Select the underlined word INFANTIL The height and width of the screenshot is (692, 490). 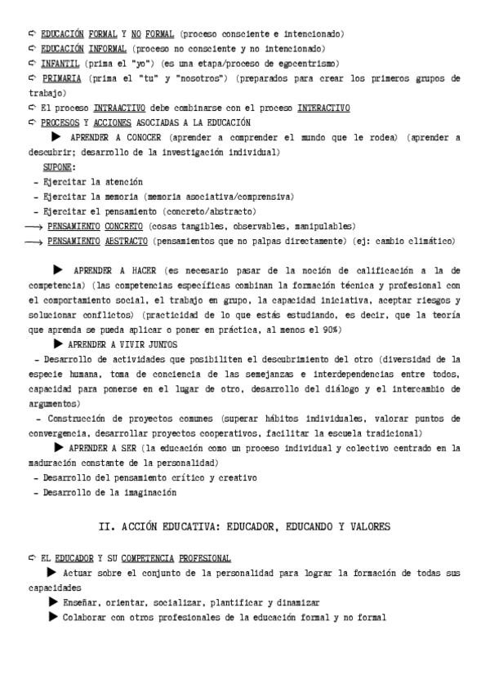coord(60,63)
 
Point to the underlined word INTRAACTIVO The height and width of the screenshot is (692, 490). coord(119,108)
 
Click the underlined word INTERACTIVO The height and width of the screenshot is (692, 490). coord(323,108)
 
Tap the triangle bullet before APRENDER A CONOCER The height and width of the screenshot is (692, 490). coord(56,137)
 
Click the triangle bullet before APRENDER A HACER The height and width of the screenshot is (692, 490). coord(58,268)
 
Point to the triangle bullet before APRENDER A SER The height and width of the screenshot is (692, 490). coord(59,447)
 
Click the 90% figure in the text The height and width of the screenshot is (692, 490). coord(356,329)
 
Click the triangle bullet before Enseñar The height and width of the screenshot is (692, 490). coord(54,602)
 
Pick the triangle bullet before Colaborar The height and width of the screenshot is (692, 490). coord(54,617)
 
